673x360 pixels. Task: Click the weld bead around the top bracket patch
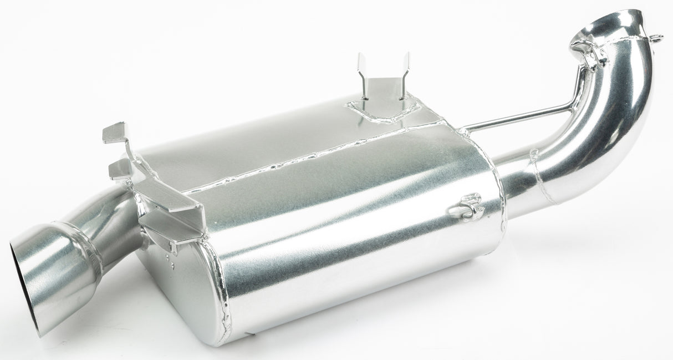(x=383, y=116)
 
